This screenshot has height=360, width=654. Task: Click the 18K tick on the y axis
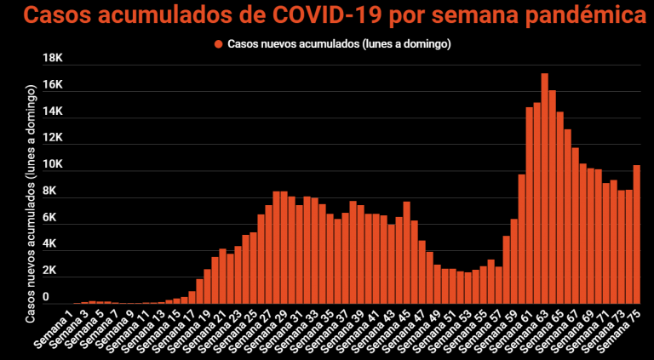[x=53, y=59]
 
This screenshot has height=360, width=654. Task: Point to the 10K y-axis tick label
[x=53, y=165]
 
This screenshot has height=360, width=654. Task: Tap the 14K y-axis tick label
[x=53, y=111]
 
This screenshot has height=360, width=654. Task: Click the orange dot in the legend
[x=219, y=43]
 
